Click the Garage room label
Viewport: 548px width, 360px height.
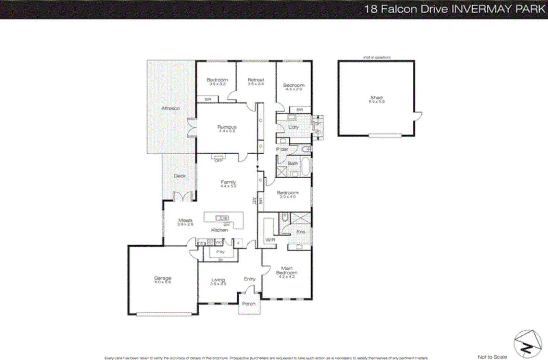click(163, 278)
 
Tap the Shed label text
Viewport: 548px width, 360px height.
click(376, 98)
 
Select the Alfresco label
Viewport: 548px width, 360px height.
click(170, 108)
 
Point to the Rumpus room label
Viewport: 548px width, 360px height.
click(227, 127)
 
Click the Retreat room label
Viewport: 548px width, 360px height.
click(256, 80)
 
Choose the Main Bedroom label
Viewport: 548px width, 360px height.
click(287, 270)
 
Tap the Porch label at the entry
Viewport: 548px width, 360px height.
click(249, 304)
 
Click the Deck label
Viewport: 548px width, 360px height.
click(179, 176)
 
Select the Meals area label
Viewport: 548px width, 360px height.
click(185, 220)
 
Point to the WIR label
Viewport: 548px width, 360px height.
click(270, 240)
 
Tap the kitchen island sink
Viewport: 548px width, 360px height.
click(222, 218)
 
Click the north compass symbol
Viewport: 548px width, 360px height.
click(527, 344)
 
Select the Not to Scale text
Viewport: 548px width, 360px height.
click(492, 357)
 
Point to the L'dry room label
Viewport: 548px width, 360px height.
click(294, 127)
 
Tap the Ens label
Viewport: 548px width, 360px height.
click(300, 232)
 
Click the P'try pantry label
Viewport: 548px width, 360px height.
click(220, 252)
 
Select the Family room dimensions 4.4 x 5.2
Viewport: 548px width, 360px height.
click(228, 186)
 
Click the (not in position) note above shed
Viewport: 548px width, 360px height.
click(376, 57)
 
